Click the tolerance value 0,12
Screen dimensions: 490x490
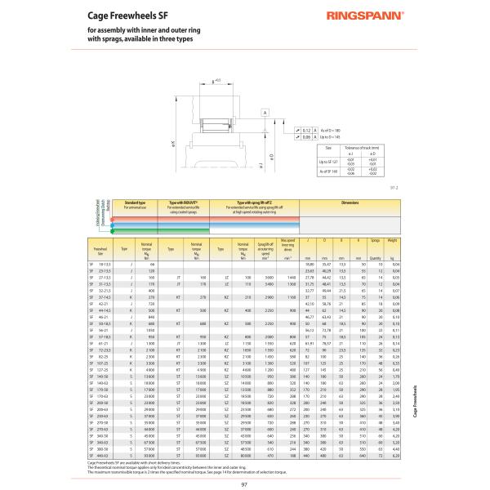coord(307,130)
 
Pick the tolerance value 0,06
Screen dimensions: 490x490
coord(307,136)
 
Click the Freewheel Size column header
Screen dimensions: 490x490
coord(101,248)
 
